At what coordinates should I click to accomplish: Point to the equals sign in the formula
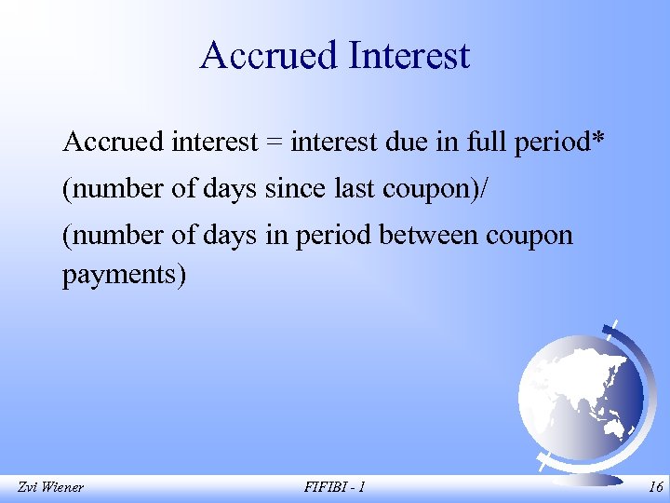coord(275,143)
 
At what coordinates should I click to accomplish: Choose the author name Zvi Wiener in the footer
coord(50,486)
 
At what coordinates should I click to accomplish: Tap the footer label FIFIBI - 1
coord(334,486)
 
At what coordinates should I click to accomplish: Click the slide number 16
coord(655,486)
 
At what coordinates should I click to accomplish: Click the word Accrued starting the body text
coord(114,143)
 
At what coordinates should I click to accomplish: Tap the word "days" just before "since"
coord(230,189)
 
